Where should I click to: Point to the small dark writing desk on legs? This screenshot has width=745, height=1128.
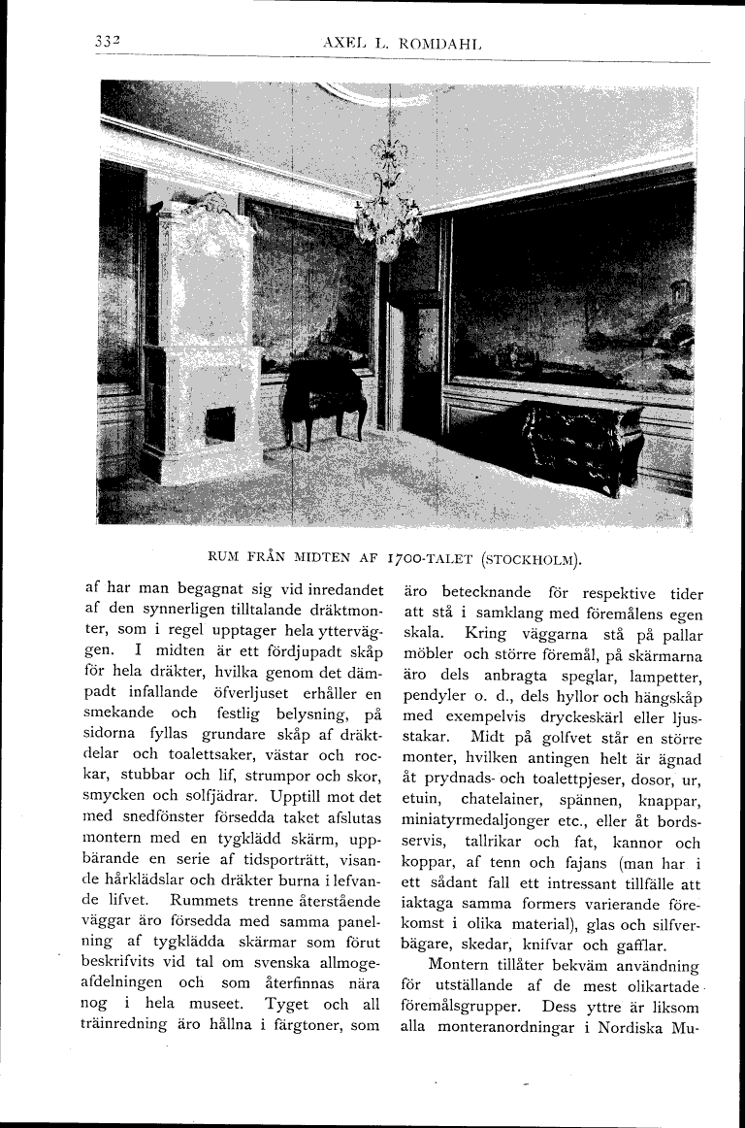pyautogui.click(x=325, y=396)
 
